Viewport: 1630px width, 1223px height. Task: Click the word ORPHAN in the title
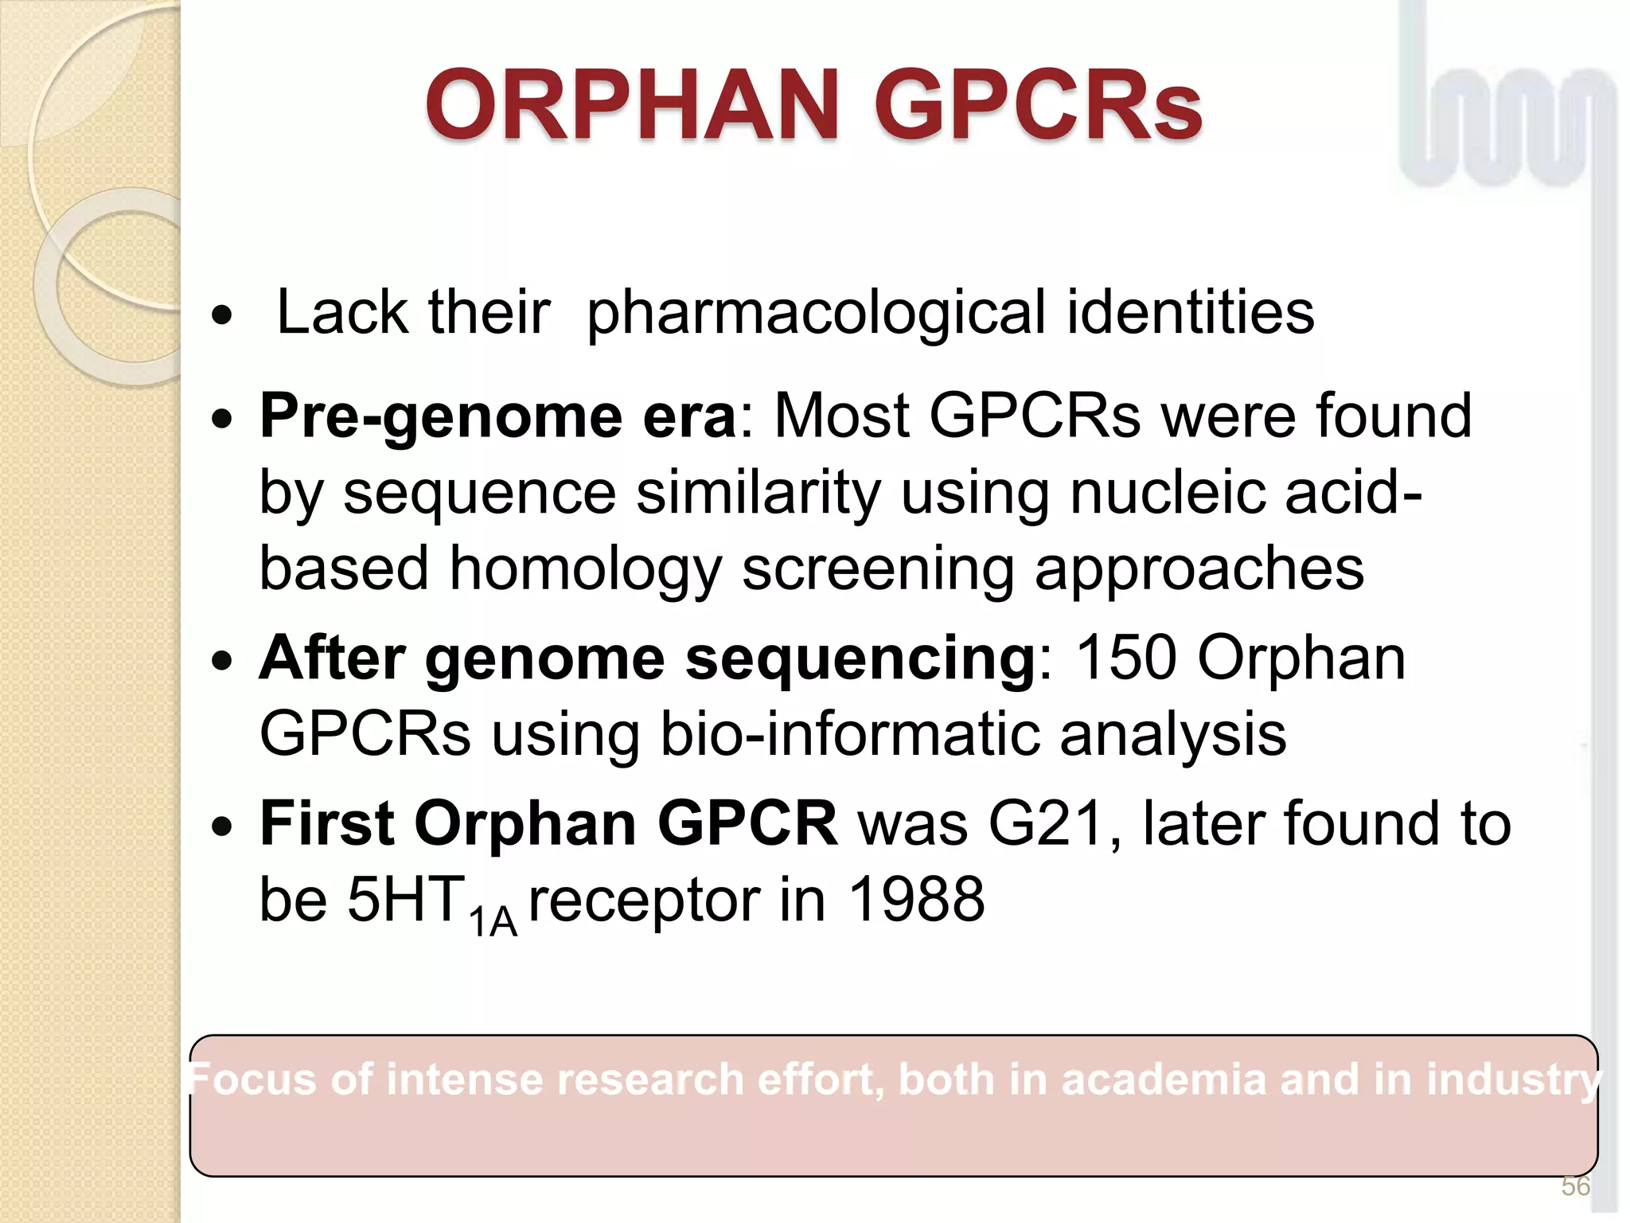point(632,105)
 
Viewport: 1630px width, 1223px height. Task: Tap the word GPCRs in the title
point(1038,105)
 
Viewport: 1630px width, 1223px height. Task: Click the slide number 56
point(1575,1186)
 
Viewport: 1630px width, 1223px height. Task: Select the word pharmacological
point(816,313)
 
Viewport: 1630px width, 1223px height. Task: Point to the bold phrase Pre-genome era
point(498,416)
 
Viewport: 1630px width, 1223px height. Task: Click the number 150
point(1125,658)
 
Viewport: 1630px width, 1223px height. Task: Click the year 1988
point(917,900)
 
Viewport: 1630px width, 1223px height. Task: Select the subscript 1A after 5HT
point(493,922)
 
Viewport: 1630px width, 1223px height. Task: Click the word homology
point(586,570)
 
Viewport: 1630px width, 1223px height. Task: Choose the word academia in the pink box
point(1164,1080)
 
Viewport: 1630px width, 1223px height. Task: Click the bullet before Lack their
point(223,316)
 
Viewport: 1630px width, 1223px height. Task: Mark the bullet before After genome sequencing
point(223,660)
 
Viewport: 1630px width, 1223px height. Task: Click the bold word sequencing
point(860,658)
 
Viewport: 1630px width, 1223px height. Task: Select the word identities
point(1190,313)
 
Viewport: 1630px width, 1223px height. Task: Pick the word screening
point(878,570)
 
